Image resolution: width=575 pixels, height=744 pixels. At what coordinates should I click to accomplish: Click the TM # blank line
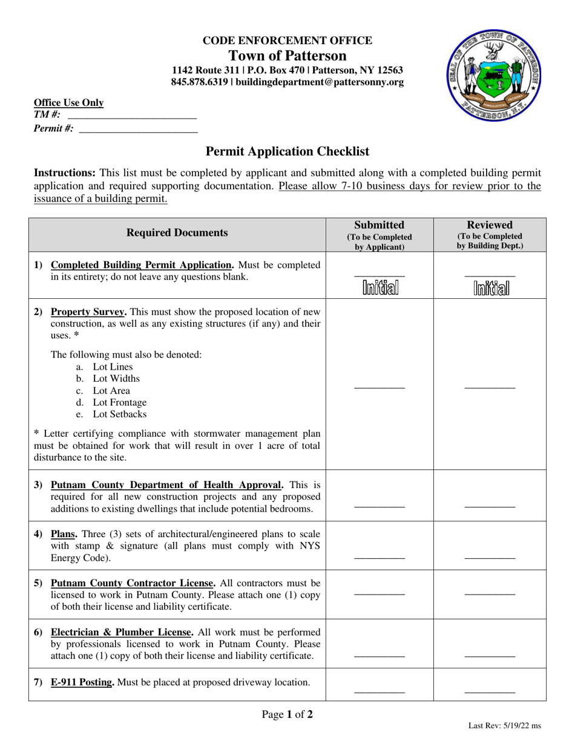[x=132, y=115]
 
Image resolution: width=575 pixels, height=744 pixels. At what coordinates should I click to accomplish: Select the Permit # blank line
[x=138, y=128]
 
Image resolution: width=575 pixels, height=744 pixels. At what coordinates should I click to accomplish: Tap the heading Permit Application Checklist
[x=287, y=151]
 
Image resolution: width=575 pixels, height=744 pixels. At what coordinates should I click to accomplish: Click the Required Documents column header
[x=177, y=233]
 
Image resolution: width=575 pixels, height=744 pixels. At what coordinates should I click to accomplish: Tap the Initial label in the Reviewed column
[x=490, y=289]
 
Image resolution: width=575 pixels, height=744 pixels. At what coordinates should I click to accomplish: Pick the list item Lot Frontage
[x=119, y=402]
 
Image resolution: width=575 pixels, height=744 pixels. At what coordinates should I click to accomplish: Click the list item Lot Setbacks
[x=119, y=414]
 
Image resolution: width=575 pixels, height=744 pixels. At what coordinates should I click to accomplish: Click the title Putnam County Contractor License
[x=133, y=583]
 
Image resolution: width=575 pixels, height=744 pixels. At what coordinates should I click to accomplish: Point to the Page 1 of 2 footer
[x=287, y=715]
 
